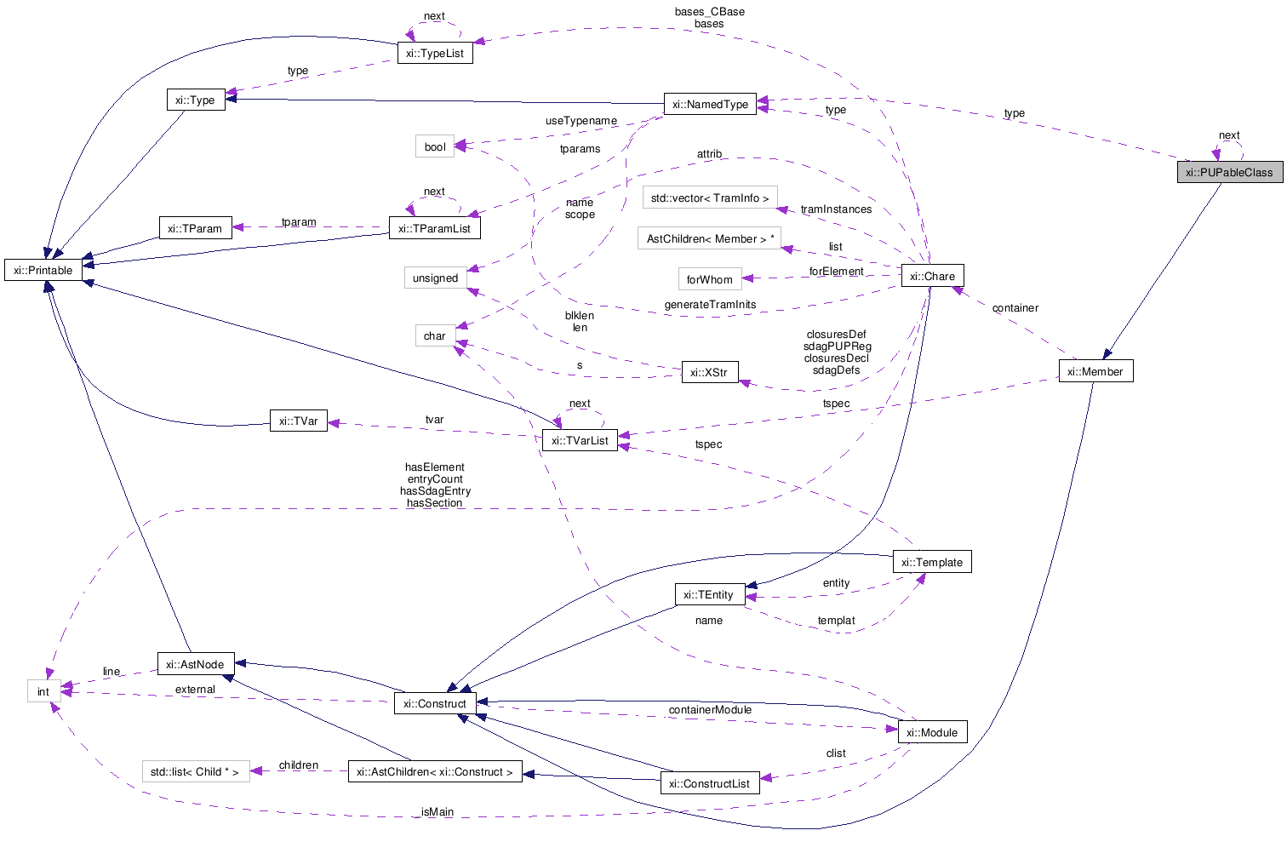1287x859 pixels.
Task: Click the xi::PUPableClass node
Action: point(1229,173)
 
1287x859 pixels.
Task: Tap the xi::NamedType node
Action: point(710,105)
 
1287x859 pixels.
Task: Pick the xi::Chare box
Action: point(932,277)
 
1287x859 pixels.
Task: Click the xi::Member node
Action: point(1095,372)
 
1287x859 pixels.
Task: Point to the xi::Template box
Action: point(932,563)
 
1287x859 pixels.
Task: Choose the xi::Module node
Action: point(932,733)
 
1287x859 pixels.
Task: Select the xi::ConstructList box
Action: point(710,784)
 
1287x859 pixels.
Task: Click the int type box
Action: point(43,692)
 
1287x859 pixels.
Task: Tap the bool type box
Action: point(435,147)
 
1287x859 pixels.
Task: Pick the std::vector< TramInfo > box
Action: point(710,198)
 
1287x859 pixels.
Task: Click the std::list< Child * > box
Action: point(196,772)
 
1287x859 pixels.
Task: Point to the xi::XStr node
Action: point(710,373)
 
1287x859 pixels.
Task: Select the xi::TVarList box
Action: point(580,441)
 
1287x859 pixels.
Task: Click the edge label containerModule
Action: point(710,710)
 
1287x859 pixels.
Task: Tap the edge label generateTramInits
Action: point(710,305)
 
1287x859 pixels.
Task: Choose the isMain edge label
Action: point(438,812)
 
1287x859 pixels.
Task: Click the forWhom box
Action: point(710,280)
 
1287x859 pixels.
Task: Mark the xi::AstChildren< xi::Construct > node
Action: point(435,772)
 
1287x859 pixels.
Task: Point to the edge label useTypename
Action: point(581,121)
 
